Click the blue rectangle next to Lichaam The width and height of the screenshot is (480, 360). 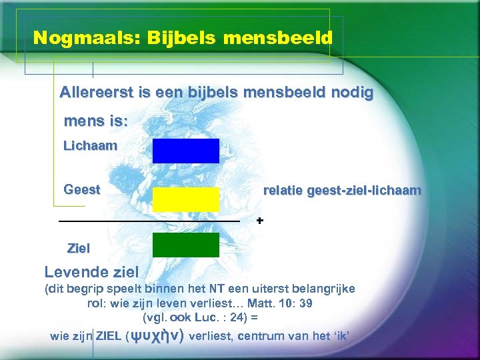tap(185, 151)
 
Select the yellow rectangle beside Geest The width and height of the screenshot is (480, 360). tap(185, 199)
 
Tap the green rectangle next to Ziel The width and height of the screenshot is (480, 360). tap(185, 245)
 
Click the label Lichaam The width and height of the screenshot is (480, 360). tap(90, 145)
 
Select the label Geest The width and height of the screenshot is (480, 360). tap(81, 189)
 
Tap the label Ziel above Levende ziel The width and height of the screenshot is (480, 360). tap(79, 249)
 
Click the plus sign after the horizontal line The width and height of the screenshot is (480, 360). tap(260, 220)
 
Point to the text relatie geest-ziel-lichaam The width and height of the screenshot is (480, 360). tap(342, 191)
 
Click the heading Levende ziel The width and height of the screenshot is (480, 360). tap(91, 272)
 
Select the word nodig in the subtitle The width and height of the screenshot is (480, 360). tap(351, 93)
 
